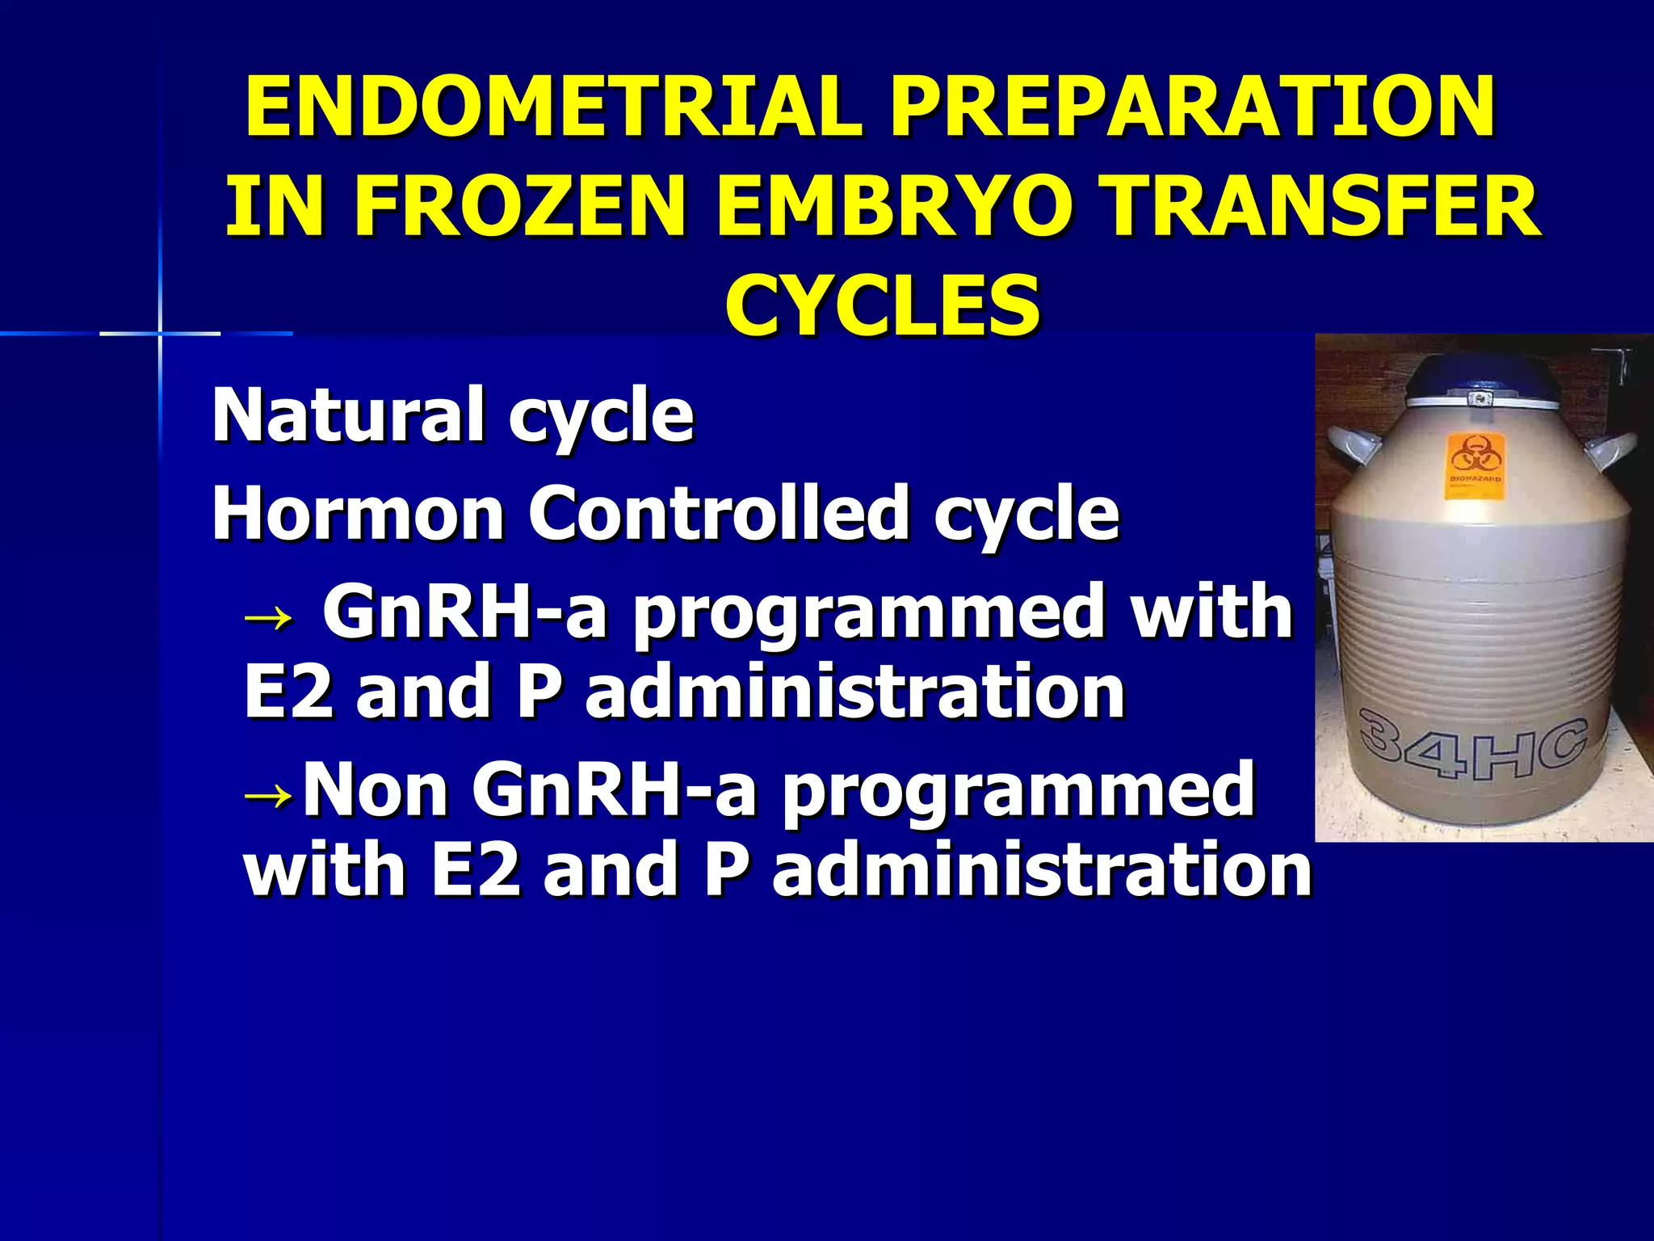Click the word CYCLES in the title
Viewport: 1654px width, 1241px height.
tap(882, 305)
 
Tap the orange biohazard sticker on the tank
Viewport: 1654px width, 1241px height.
tap(1475, 465)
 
